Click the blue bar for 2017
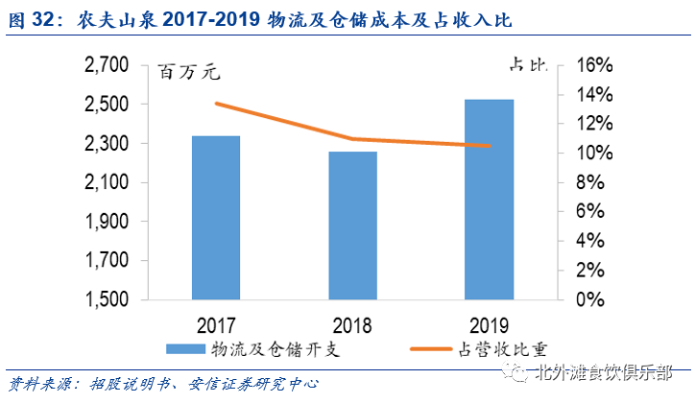coord(215,217)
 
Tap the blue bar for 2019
coord(490,199)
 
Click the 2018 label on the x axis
coord(352,323)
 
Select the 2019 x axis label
coord(490,323)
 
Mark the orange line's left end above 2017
coord(216,104)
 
